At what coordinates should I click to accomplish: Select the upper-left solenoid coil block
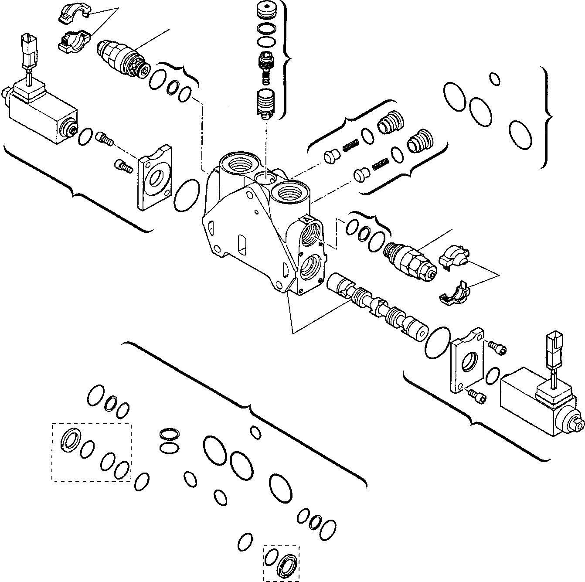(x=39, y=114)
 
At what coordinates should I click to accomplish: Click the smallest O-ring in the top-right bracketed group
(x=494, y=78)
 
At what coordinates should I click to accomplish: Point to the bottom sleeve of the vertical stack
(x=265, y=103)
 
